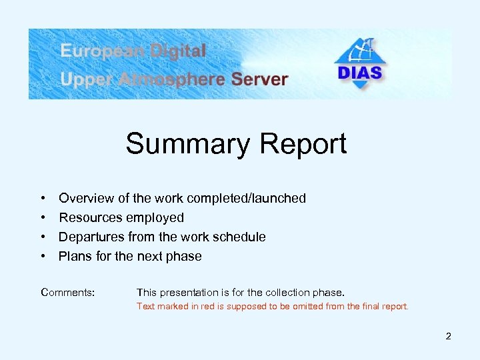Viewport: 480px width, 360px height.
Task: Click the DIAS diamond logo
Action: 360,63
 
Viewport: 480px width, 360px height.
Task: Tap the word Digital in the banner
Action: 181,51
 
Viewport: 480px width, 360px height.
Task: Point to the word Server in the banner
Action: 259,79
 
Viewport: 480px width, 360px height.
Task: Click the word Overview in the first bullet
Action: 85,198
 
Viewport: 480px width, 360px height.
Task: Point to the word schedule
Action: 241,237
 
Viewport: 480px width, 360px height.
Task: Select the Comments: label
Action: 67,292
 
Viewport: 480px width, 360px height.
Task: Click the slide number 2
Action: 448,336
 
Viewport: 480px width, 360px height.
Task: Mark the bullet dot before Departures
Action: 43,237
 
